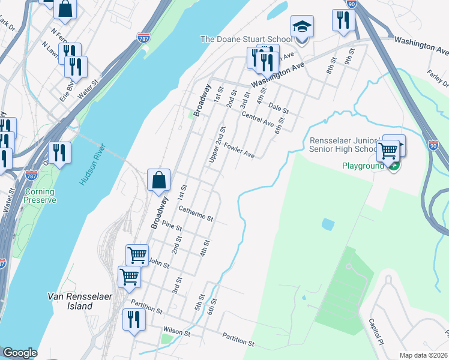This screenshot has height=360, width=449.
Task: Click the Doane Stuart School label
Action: tap(246, 40)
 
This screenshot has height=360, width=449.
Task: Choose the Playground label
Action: tap(363, 166)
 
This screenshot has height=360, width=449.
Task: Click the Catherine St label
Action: tap(196, 213)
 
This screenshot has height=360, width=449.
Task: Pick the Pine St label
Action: tap(172, 226)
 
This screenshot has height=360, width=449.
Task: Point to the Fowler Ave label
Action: tap(240, 151)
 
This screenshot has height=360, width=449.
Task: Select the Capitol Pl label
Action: tap(376, 331)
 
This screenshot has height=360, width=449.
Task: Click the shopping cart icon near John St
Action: tap(137, 255)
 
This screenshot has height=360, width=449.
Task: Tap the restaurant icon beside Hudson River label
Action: tap(59, 152)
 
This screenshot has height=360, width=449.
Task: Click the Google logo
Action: tap(20, 353)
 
